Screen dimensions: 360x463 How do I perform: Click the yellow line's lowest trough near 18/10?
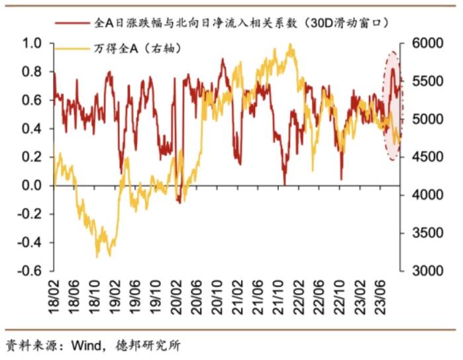click(97, 256)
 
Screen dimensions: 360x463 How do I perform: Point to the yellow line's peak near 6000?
click(290, 44)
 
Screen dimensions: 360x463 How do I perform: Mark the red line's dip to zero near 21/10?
click(284, 184)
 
